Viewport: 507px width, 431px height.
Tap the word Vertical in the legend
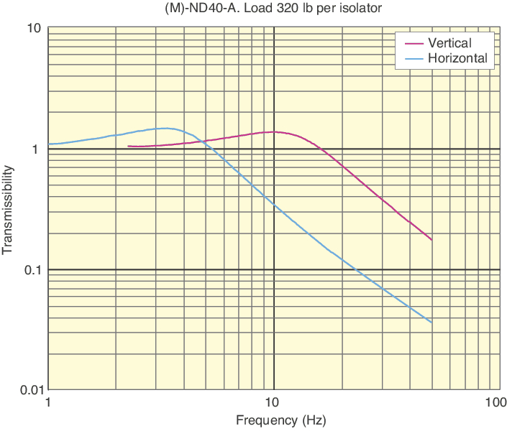[449, 43]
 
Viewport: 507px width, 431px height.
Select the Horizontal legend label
[457, 58]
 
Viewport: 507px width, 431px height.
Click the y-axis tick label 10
[34, 29]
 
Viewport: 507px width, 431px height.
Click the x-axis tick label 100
[493, 402]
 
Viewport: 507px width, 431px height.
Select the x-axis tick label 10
[271, 402]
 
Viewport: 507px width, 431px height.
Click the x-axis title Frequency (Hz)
[271, 420]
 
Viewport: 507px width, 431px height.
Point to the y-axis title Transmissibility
[9, 210]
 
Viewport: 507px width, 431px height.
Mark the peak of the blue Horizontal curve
[165, 129]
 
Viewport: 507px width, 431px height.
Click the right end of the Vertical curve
[431, 240]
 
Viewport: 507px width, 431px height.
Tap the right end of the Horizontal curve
[431, 323]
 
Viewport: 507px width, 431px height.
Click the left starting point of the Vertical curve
[128, 147]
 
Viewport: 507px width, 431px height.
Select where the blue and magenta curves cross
[203, 142]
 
